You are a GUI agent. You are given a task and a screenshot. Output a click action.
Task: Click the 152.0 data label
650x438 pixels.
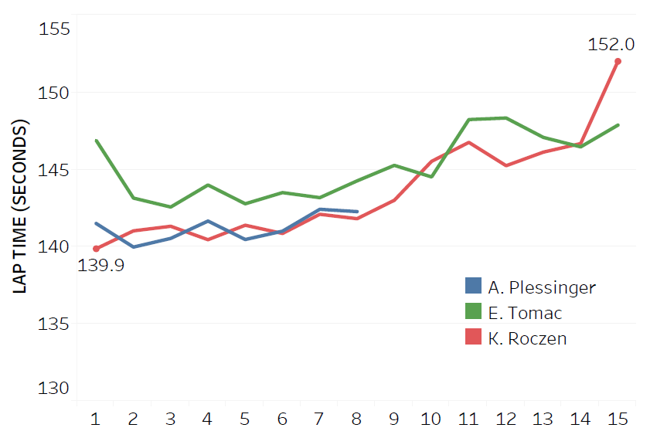point(611,45)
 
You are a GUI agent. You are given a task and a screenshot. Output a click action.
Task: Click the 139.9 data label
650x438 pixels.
point(101,266)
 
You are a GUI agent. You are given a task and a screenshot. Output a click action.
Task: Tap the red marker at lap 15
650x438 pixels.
point(618,61)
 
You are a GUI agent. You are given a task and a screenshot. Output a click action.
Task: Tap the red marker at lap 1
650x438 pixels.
point(96,249)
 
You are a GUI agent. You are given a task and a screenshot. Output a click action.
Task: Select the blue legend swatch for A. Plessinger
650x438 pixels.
point(473,286)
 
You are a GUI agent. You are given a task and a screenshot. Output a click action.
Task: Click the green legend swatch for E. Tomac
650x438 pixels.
point(473,311)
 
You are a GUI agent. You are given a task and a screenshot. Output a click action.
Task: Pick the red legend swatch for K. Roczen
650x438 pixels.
point(473,337)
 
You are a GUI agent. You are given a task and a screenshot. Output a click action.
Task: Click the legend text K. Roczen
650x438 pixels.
point(527,338)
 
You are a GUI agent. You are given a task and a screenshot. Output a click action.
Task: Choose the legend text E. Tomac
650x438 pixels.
point(525,313)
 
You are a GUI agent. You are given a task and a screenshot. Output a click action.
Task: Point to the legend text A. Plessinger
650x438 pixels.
point(542,287)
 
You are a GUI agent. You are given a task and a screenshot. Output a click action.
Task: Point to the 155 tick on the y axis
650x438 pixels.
point(54,29)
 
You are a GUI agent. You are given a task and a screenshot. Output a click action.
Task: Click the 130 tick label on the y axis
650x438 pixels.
point(54,388)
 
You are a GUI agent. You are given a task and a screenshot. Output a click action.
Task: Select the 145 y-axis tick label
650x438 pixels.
point(54,170)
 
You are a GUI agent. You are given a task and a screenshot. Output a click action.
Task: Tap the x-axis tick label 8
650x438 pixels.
point(356,419)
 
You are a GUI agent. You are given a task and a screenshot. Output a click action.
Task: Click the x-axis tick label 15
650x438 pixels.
point(616,419)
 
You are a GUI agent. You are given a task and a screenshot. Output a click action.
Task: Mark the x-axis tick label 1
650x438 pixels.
point(96,419)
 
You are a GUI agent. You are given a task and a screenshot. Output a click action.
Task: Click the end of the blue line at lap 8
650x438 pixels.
point(356,211)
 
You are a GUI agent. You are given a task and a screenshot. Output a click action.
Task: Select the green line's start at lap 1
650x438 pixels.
point(96,141)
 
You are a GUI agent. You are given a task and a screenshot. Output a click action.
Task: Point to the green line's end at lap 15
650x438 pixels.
point(618,125)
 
